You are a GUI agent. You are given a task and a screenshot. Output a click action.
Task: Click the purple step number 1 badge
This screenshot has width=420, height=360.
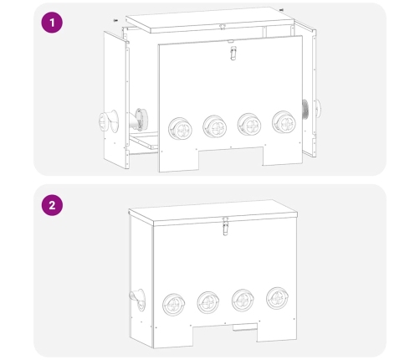[52, 23]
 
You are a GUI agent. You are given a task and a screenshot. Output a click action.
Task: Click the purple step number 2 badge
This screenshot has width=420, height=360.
[52, 205]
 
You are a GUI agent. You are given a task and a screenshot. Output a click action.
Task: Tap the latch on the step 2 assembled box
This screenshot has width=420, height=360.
[226, 227]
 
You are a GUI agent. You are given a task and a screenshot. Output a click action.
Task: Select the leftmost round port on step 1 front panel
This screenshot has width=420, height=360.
[180, 129]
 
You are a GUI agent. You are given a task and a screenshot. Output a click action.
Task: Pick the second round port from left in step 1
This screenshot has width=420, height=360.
[215, 126]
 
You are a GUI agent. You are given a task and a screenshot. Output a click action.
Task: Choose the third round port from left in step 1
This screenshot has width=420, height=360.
[249, 125]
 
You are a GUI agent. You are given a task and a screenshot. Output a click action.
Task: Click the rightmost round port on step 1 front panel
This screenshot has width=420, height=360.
[284, 122]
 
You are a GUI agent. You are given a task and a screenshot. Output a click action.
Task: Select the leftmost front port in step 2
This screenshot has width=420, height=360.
[173, 305]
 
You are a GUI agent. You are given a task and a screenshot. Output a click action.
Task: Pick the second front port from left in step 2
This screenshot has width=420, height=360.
[208, 302]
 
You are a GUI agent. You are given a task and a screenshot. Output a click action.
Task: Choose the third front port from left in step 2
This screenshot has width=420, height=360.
[243, 301]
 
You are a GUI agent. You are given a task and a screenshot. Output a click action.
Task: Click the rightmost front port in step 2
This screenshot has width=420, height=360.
[278, 298]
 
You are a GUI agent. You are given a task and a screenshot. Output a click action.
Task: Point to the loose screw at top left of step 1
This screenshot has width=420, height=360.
[115, 20]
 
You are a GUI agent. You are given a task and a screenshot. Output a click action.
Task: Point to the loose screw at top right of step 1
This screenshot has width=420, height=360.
[281, 10]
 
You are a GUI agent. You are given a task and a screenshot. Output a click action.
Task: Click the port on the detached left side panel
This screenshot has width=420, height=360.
[109, 121]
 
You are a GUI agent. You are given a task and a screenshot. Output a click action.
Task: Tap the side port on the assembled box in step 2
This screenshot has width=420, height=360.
[137, 300]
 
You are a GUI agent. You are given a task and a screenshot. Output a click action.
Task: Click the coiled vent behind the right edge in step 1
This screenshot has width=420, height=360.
[305, 110]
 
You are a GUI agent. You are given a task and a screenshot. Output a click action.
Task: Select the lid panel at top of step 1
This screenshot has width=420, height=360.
[210, 20]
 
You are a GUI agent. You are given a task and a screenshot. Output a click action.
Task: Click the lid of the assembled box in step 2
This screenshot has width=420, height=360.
[213, 213]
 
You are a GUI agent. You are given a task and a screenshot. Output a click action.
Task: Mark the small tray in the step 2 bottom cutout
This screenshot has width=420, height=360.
[245, 327]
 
